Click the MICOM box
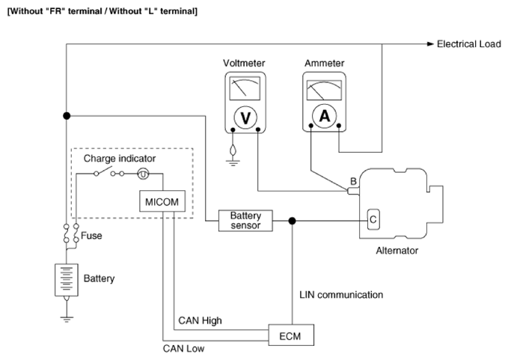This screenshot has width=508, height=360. [162, 201]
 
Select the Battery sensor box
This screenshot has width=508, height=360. [245, 221]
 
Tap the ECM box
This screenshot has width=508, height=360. [291, 335]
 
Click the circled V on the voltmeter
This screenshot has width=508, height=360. [245, 118]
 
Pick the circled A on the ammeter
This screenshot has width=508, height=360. [325, 116]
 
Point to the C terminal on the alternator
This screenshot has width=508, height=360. [373, 219]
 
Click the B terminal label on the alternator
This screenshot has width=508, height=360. [353, 181]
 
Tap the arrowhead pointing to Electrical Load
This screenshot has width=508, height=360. [430, 44]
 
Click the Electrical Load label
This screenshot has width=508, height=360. [469, 44]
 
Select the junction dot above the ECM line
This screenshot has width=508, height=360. [293, 221]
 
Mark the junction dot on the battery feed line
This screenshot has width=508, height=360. [67, 116]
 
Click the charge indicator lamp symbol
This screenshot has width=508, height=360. [143, 174]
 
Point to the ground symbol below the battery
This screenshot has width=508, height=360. [67, 319]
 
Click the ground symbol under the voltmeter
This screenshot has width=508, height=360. [233, 162]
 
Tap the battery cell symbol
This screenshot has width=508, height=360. [67, 280]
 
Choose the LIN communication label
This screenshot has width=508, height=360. [341, 295]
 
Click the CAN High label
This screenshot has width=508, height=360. [200, 320]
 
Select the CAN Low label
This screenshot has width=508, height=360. [183, 348]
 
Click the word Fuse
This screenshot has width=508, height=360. [91, 236]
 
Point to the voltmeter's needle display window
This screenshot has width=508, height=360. [245, 88]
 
